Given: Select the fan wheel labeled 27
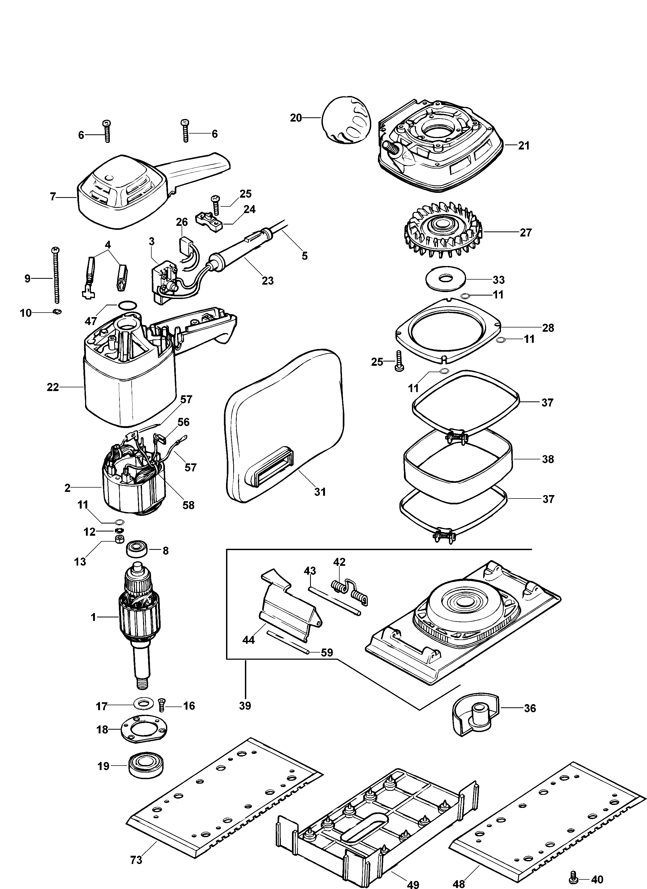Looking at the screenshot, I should (443, 230).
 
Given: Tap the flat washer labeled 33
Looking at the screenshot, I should (445, 280).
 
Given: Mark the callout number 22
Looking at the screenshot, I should (52, 387).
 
